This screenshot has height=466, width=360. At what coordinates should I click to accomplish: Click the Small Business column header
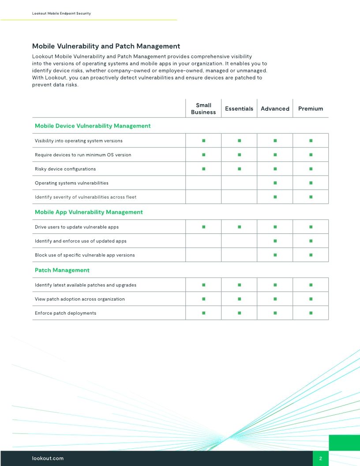coord(203,109)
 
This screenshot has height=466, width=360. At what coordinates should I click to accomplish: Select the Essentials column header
coord(239,109)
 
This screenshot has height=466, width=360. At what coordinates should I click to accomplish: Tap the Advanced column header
coord(275,109)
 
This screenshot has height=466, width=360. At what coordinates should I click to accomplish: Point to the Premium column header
coord(311,109)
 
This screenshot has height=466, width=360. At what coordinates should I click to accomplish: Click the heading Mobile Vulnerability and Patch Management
coord(106,46)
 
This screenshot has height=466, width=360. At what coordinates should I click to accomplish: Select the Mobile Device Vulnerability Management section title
coord(93,126)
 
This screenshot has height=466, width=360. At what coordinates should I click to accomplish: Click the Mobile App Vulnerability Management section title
coord(89,212)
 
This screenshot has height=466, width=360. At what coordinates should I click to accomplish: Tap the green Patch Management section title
coord(62,270)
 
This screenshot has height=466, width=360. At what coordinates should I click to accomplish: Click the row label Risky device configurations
coord(65,169)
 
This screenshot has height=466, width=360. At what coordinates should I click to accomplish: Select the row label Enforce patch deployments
coord(65,313)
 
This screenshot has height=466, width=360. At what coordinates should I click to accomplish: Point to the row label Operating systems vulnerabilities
coord(71,183)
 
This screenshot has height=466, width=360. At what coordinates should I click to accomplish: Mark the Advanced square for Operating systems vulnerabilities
coord(275,183)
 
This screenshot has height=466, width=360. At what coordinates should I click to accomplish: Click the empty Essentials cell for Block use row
coord(239,255)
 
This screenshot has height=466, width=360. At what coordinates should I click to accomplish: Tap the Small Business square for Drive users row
coord(203,227)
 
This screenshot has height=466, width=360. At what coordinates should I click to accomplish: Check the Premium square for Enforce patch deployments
coord(311,313)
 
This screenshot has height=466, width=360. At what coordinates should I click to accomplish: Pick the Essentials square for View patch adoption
coord(239,299)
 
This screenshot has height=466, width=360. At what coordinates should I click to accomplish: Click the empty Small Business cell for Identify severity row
coord(203,197)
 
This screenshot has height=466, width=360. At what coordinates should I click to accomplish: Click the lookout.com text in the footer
coord(48,458)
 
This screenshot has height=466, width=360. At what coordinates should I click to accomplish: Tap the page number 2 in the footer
coord(321,458)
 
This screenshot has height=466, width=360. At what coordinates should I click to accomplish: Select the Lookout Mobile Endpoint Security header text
coord(61,14)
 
